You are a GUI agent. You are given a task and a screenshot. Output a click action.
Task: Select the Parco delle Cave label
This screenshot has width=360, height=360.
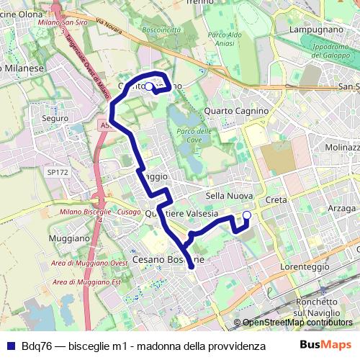point(194,135)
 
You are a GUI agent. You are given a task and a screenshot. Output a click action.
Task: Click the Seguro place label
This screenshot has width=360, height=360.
point(55,117)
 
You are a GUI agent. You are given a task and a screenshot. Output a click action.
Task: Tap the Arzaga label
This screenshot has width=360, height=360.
point(342,208)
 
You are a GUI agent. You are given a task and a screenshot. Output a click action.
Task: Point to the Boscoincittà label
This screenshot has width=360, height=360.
point(161,30)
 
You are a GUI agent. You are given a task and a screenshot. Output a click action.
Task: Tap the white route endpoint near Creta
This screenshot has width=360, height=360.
point(247,215)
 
